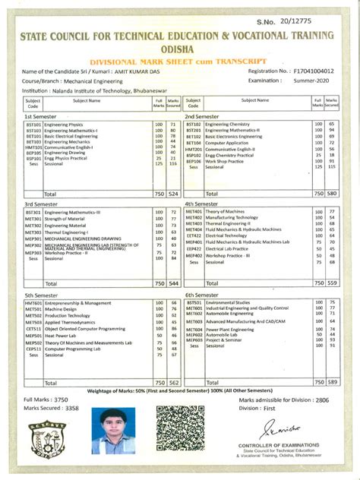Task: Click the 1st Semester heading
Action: (x=41, y=116)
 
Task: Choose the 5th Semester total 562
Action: (x=172, y=383)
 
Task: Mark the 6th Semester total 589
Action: (x=331, y=383)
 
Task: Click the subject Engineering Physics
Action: (x=64, y=124)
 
